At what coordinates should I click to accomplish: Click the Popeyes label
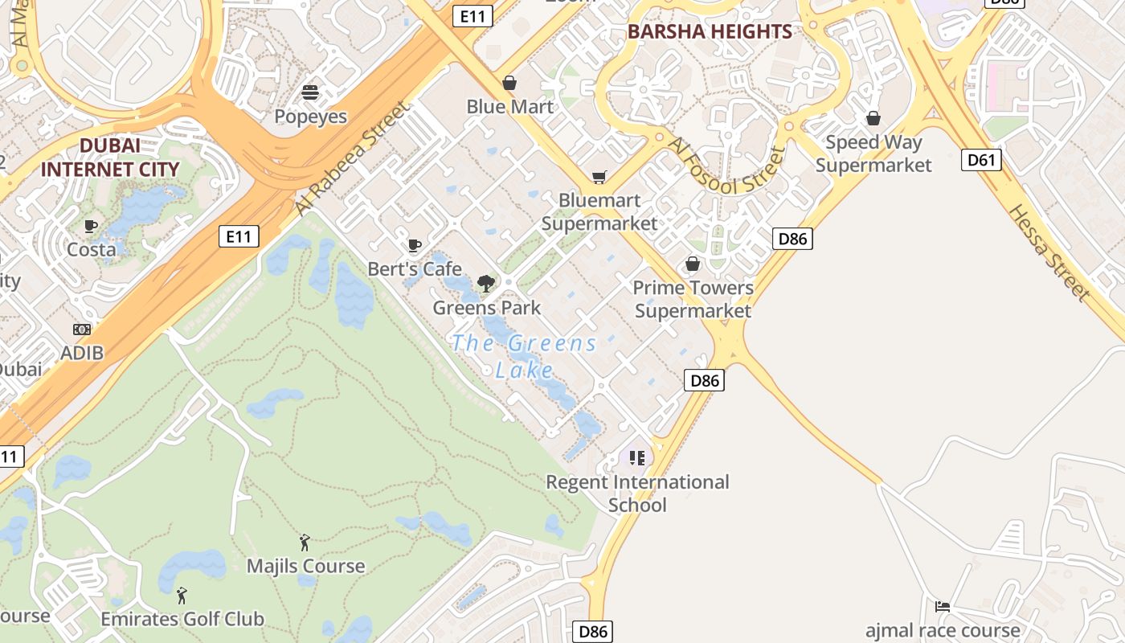pos(310,117)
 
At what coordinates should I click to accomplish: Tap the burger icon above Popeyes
pos(310,92)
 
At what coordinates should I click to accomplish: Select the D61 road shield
pos(981,160)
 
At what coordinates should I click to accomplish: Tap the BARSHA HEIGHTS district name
pos(710,32)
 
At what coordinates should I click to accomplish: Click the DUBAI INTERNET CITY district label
pos(110,158)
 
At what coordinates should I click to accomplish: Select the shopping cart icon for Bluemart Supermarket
pos(599,177)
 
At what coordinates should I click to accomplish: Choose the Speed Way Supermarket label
pos(873,154)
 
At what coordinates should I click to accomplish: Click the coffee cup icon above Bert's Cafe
pos(415,245)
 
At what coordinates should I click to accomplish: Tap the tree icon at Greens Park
pos(485,283)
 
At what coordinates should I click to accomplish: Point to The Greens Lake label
pos(524,356)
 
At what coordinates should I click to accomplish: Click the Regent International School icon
pos(637,458)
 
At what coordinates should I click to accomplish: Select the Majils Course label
pos(305,566)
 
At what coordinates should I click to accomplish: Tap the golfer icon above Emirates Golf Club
pos(182,596)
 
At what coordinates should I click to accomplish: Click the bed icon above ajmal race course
pos(943,606)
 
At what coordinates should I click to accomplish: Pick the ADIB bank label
pos(82,353)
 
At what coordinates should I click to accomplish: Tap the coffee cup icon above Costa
pos(91,227)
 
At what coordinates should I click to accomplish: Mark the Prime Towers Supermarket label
pos(693,299)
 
